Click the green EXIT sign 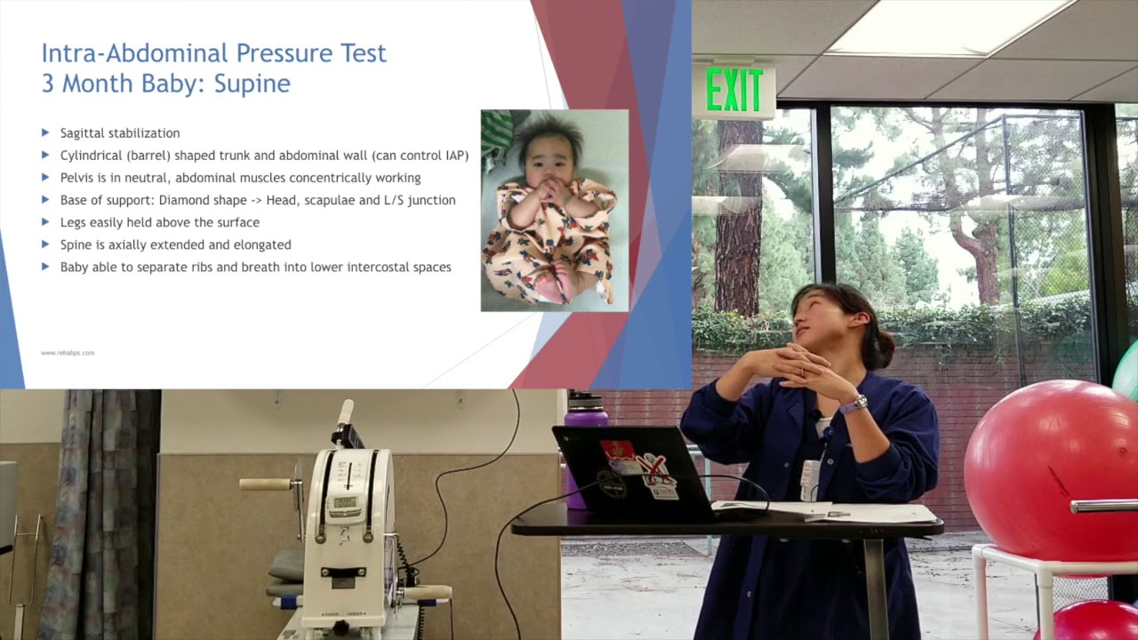click(733, 91)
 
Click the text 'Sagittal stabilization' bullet click(120, 133)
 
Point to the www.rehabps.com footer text click(68, 353)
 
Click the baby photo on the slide click(554, 211)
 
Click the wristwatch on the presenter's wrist click(853, 404)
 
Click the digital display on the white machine click(344, 503)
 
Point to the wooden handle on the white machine click(265, 484)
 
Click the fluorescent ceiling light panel click(942, 27)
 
